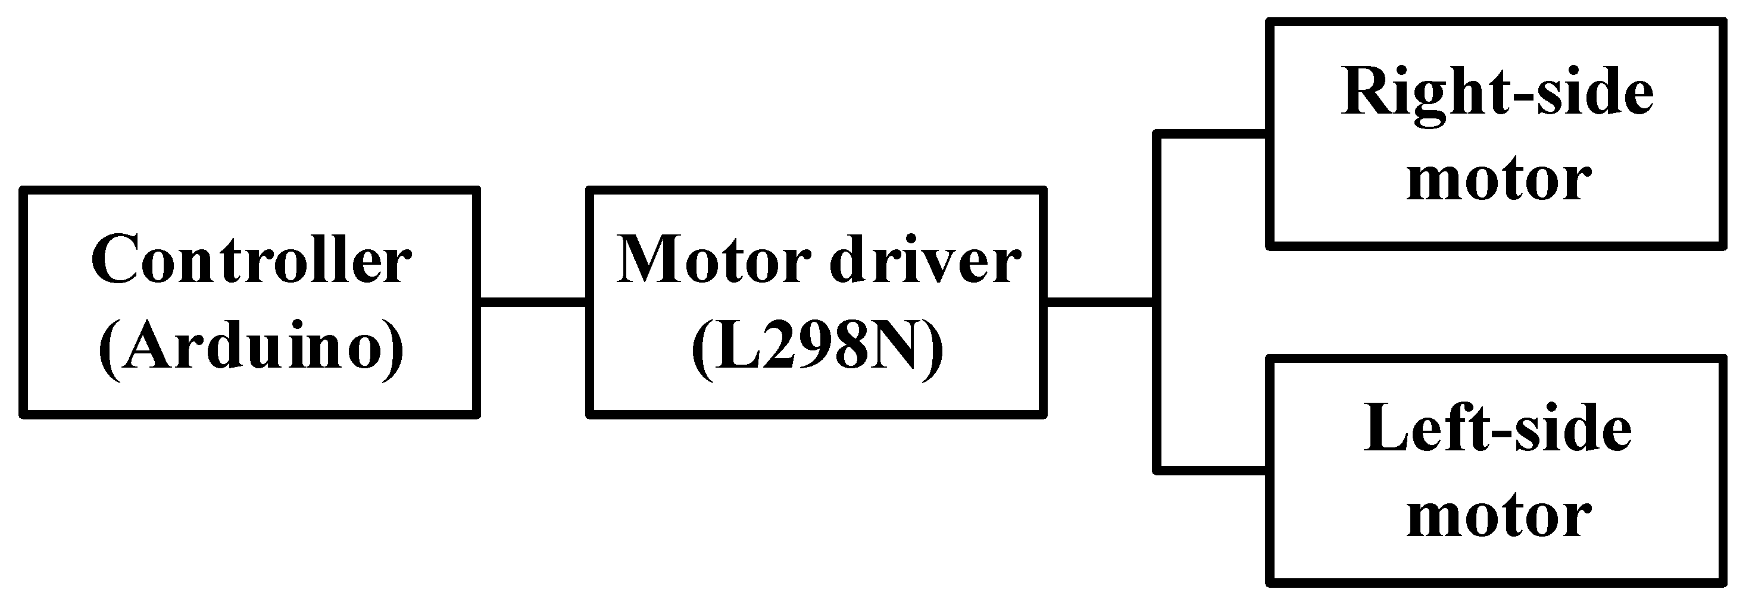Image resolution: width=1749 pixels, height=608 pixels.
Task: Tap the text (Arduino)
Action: [x=251, y=347]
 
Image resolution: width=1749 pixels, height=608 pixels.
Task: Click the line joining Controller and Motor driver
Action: [x=533, y=302]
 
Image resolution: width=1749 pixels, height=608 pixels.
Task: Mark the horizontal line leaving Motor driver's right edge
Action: [x=1100, y=302]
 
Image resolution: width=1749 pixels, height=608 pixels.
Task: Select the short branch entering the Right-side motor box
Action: [x=1212, y=134]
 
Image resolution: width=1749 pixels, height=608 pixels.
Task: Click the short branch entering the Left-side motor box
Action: [x=1212, y=469]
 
